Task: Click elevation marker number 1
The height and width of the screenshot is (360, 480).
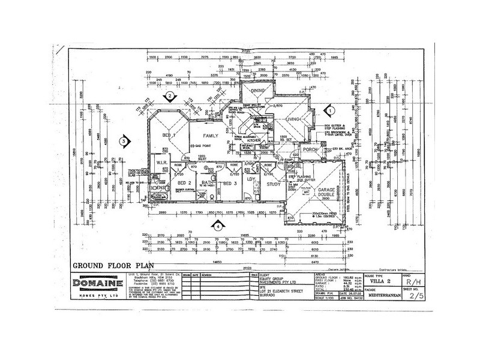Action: click(329, 110)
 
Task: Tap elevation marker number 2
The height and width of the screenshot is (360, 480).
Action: click(170, 95)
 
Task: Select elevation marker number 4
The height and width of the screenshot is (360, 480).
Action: click(218, 226)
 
